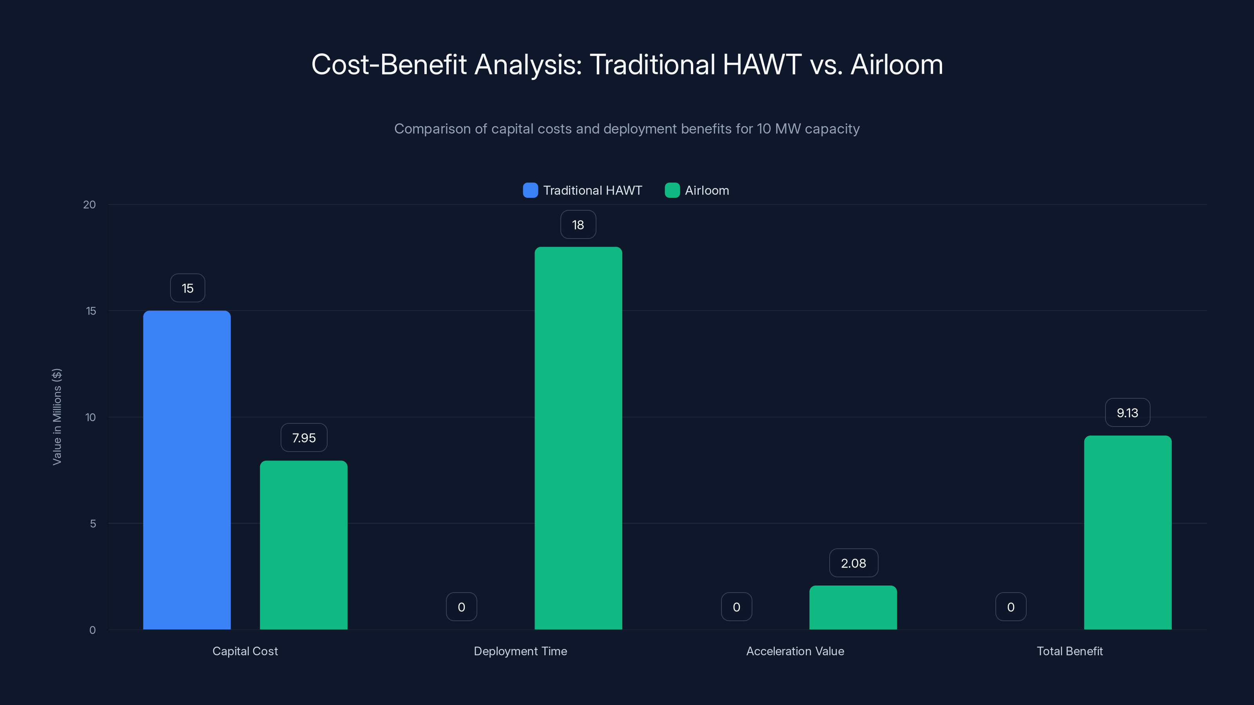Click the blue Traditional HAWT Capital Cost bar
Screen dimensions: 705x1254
pos(187,470)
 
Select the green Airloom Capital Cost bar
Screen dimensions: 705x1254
pos(303,545)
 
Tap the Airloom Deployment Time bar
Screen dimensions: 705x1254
pos(578,438)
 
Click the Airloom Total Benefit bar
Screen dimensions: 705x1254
pos(1127,532)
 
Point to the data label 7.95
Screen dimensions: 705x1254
pos(304,438)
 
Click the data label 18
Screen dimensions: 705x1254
pos(578,225)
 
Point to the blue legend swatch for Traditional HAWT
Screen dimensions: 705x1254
pos(530,190)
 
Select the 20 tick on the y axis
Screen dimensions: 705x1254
pos(90,205)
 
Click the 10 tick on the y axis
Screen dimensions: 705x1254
pos(91,418)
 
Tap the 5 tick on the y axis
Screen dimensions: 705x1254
pos(92,524)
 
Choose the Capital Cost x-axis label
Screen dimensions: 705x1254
pos(245,651)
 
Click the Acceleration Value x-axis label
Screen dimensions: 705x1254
pos(795,651)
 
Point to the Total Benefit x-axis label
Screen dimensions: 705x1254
pos(1069,651)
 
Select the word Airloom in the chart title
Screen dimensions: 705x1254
pos(896,65)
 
